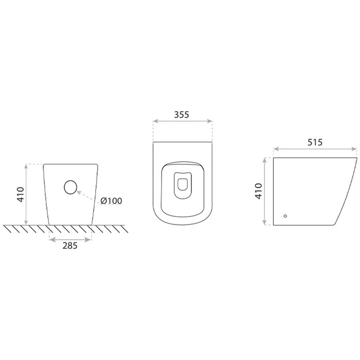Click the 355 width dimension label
pyautogui.click(x=181, y=114)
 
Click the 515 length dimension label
pyautogui.click(x=315, y=143)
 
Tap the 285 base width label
pyautogui.click(x=70, y=246)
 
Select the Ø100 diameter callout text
pyautogui.click(x=111, y=201)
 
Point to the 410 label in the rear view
pyautogui.click(x=21, y=195)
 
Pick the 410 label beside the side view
pyautogui.click(x=259, y=191)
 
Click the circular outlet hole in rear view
pyautogui.click(x=70, y=187)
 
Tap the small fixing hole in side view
pyautogui.click(x=285, y=216)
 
